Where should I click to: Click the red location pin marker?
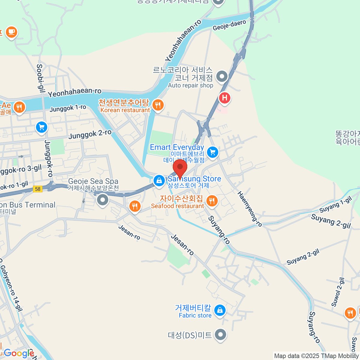click(x=180, y=167)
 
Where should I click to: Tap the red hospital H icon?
click(x=224, y=98)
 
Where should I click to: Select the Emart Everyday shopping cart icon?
click(x=213, y=152)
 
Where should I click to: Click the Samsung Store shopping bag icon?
click(x=159, y=181)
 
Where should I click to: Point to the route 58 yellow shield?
click(x=37, y=189)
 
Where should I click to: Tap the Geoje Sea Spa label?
click(x=93, y=181)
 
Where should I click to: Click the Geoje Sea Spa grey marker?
click(x=103, y=199)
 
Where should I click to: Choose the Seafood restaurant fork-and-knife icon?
click(x=212, y=200)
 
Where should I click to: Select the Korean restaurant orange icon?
click(x=158, y=105)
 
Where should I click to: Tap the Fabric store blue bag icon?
click(x=220, y=310)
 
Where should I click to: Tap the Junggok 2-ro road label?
click(x=90, y=134)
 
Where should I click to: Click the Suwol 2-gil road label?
click(x=338, y=292)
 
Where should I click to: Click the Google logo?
click(x=19, y=353)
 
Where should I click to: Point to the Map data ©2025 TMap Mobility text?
click(x=316, y=356)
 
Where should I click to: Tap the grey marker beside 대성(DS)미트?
click(x=220, y=334)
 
